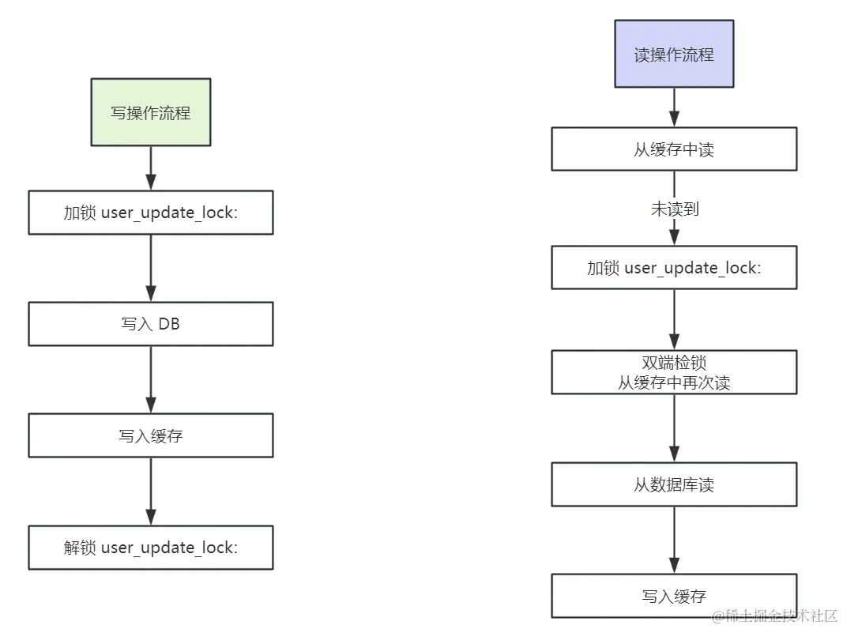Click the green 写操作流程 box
[x=151, y=112]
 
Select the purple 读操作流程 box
[x=674, y=55]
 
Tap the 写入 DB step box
[x=151, y=324]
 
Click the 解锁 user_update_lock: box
[x=151, y=548]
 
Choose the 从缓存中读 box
[x=674, y=149]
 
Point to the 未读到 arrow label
[x=674, y=209]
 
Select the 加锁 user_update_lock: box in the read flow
[x=674, y=268]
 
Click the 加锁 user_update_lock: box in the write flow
[x=151, y=213]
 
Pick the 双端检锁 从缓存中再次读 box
[x=674, y=372]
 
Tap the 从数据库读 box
[x=674, y=484]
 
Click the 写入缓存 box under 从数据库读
[x=674, y=596]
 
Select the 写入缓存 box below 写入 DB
[x=151, y=435]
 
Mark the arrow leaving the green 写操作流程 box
[x=151, y=168]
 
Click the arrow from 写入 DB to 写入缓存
[x=151, y=379]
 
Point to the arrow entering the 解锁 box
[x=151, y=491]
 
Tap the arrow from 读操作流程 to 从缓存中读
[x=674, y=107]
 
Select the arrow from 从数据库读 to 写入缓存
[x=674, y=540]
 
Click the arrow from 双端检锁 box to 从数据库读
[x=674, y=427]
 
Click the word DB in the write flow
[x=169, y=324]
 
